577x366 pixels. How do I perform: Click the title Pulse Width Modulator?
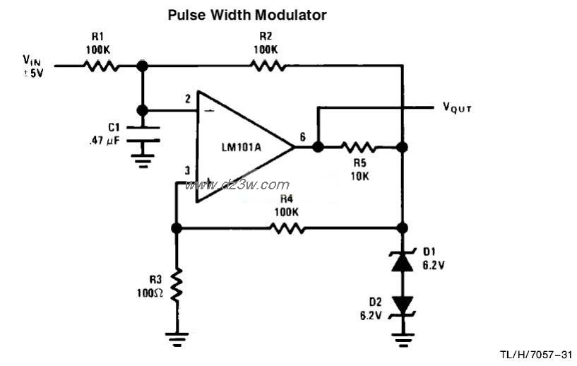click(x=246, y=14)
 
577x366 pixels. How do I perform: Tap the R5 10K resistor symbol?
click(x=359, y=148)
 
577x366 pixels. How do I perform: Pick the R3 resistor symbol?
click(x=177, y=284)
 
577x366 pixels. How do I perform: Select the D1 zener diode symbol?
click(x=402, y=261)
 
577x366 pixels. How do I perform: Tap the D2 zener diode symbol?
click(x=402, y=305)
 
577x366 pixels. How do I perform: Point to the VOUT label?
click(x=457, y=108)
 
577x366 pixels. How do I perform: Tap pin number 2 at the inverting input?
click(x=188, y=100)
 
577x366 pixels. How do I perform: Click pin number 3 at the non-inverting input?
click(x=187, y=170)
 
